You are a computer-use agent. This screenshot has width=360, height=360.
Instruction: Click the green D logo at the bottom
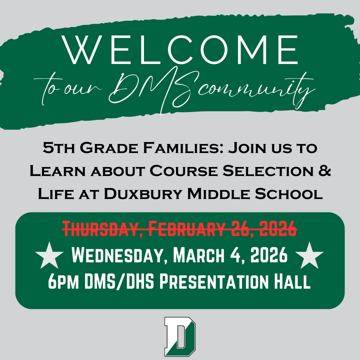180,337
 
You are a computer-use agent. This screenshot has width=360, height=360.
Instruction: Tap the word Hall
294,282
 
